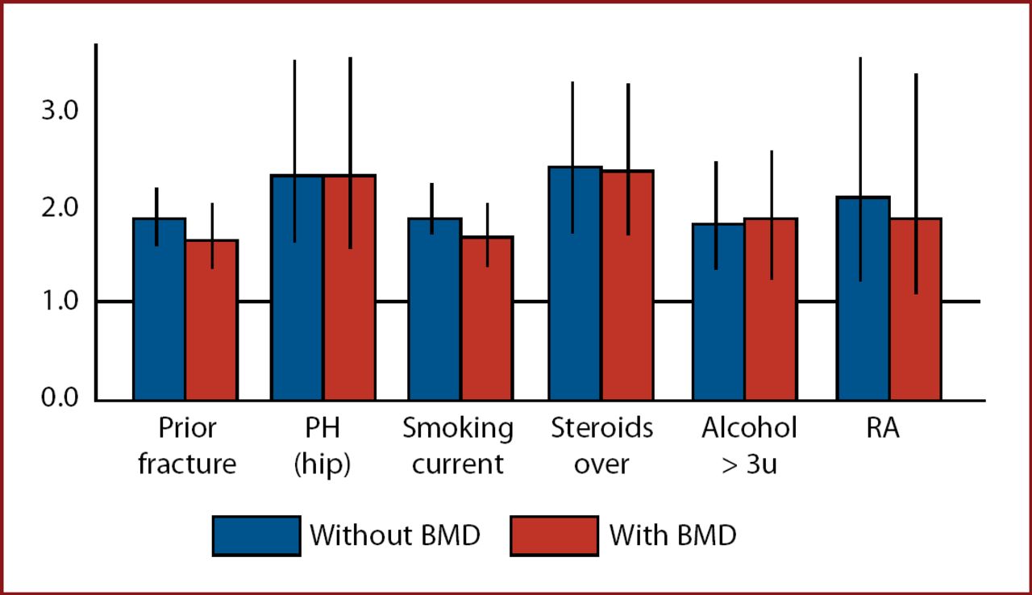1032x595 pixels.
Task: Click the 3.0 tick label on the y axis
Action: pos(59,110)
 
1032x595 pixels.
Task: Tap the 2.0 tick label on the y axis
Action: pos(59,207)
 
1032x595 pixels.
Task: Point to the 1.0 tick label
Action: pos(59,302)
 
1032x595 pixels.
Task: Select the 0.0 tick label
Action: pos(59,398)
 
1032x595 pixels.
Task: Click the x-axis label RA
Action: pos(883,428)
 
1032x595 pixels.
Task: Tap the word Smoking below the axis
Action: pos(458,428)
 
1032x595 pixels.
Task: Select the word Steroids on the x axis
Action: pos(601,428)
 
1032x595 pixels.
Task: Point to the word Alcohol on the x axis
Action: pos(749,428)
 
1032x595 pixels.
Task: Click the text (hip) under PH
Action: pos(322,465)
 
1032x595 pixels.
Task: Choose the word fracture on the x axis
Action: pos(187,465)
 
